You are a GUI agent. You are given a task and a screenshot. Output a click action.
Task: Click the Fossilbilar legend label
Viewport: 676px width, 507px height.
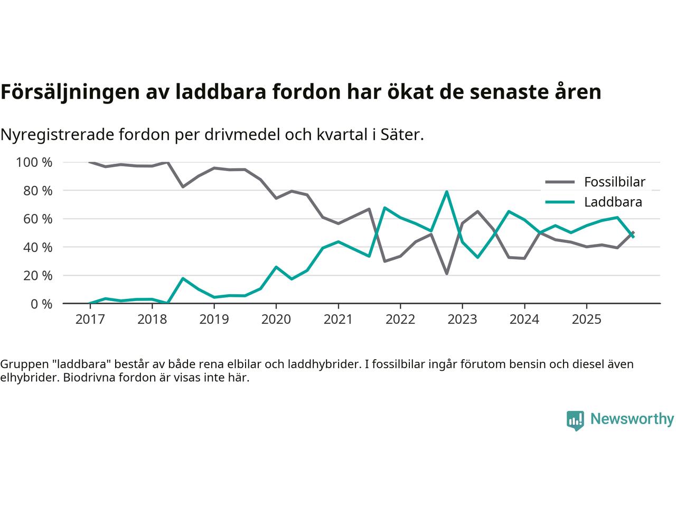614,182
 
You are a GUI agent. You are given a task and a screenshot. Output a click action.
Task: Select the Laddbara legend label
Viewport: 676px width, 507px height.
613,202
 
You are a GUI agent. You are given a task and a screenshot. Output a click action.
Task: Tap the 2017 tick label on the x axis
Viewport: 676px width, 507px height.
89,320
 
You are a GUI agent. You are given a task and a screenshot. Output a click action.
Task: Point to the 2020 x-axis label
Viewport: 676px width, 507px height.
276,320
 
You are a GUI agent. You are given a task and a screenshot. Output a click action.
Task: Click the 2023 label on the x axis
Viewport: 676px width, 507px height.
462,320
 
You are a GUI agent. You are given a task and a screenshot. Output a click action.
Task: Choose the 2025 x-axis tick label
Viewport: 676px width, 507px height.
586,320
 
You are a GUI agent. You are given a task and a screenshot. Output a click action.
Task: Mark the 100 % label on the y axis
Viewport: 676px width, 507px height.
34,163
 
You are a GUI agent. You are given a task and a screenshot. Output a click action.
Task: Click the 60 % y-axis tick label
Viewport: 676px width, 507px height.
38,219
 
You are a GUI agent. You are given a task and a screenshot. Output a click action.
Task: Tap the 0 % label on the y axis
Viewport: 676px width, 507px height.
41,304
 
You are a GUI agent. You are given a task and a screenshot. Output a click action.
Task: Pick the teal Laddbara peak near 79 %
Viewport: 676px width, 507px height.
447,192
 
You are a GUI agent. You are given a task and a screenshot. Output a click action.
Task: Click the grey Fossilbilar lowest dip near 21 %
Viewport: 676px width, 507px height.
447,274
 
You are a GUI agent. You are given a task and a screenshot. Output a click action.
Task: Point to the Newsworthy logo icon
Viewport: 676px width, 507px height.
575,420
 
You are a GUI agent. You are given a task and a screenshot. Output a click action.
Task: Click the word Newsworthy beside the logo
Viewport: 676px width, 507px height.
632,419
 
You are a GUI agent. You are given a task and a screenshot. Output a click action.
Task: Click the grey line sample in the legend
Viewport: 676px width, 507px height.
560,182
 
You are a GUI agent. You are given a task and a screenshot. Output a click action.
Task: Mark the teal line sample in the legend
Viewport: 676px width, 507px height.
560,202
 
